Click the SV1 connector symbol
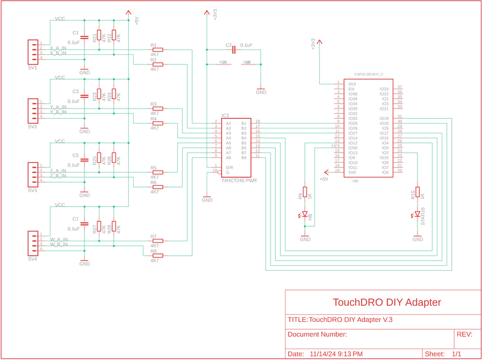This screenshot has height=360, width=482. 32,51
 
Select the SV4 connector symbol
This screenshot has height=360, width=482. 32,242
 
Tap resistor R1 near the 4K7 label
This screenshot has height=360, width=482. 158,50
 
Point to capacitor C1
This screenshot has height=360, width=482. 85,37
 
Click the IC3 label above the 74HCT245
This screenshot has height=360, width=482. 225,115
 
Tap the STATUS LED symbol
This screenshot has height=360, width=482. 417,215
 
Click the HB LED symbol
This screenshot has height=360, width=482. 305,215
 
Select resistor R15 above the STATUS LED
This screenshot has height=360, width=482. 417,193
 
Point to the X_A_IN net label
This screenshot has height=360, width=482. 58,48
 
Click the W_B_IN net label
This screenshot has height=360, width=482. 58,245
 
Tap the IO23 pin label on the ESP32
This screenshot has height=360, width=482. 384,89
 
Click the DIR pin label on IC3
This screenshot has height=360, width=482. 229,167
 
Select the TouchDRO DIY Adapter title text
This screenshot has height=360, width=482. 387,303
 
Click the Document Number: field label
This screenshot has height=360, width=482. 317,335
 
